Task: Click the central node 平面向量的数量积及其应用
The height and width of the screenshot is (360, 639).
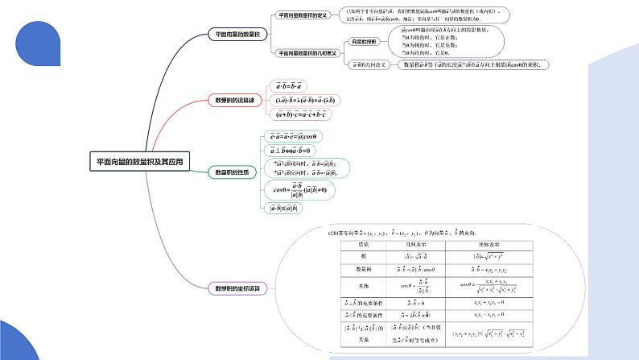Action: tap(140, 162)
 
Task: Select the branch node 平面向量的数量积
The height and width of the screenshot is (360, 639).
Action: tap(237, 35)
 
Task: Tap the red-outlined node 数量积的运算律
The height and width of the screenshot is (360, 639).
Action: tap(234, 100)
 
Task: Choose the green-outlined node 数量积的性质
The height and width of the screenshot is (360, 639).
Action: tap(233, 172)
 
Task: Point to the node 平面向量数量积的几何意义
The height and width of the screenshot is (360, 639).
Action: tap(307, 52)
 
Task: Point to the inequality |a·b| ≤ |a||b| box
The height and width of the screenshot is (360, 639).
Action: tap(282, 209)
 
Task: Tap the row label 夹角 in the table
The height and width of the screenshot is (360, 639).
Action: tap(357, 285)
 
